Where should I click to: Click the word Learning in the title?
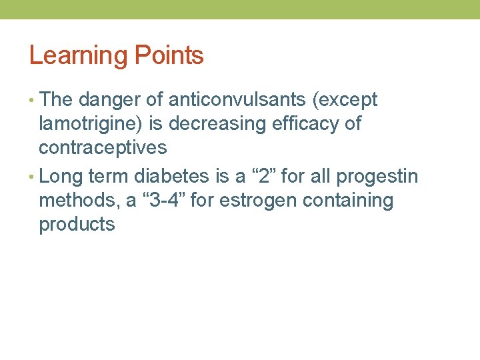[80, 55]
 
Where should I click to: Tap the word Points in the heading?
[169, 55]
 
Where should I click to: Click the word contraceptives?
[103, 147]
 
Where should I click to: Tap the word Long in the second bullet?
[61, 177]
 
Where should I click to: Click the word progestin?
[377, 177]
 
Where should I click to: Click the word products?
[77, 224]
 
